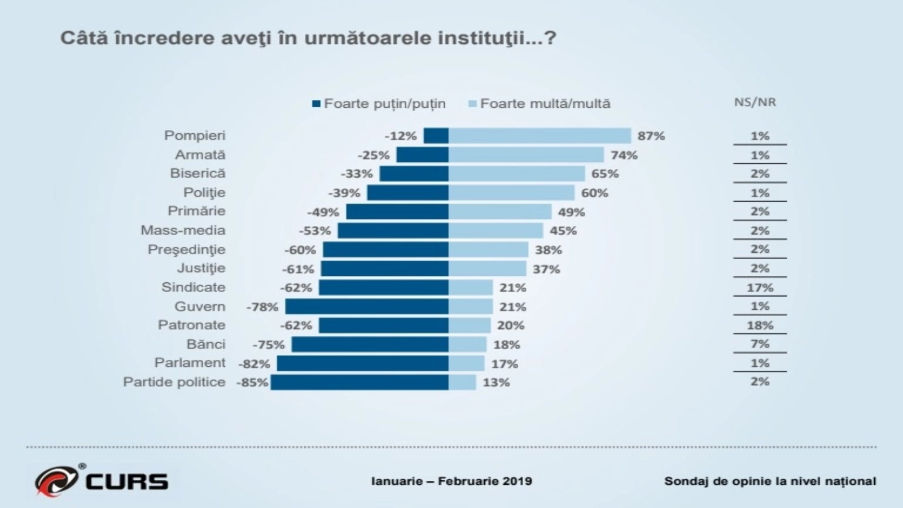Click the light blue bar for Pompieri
click(x=540, y=135)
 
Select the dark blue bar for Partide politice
click(x=360, y=382)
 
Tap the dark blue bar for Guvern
click(x=367, y=306)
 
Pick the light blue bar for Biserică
click(x=516, y=173)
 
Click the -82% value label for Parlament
click(x=256, y=364)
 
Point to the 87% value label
click(x=651, y=136)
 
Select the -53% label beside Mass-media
click(x=315, y=230)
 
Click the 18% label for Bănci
click(x=506, y=344)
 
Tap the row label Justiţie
click(x=201, y=268)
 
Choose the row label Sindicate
click(x=193, y=287)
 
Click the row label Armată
click(x=200, y=155)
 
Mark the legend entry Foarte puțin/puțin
click(x=379, y=104)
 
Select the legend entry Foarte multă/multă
click(x=540, y=104)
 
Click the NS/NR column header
click(x=755, y=102)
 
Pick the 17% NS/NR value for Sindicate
click(x=760, y=287)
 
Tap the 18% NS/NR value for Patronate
click(x=760, y=325)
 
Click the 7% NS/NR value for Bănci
click(x=760, y=344)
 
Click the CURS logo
click(x=102, y=480)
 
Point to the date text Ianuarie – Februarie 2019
click(x=451, y=481)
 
